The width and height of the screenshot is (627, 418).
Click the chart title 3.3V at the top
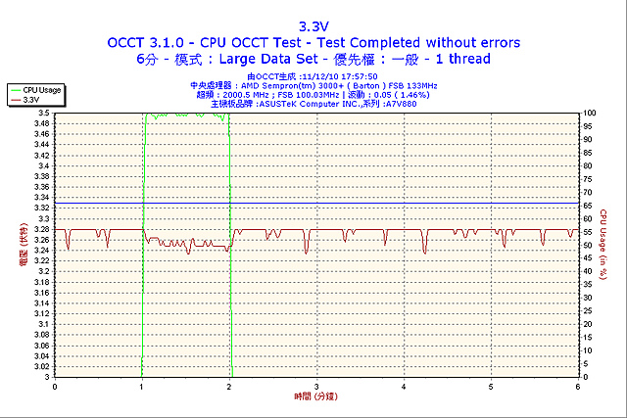coord(314,26)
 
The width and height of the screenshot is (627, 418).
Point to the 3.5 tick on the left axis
coord(43,114)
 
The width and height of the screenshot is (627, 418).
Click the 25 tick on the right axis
coord(588,310)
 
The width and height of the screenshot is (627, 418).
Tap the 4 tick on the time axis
coord(404,386)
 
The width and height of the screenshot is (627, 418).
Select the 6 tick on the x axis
coord(578,386)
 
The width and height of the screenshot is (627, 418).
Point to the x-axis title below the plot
coord(315,396)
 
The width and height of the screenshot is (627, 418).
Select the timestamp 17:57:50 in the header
coord(361,76)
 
